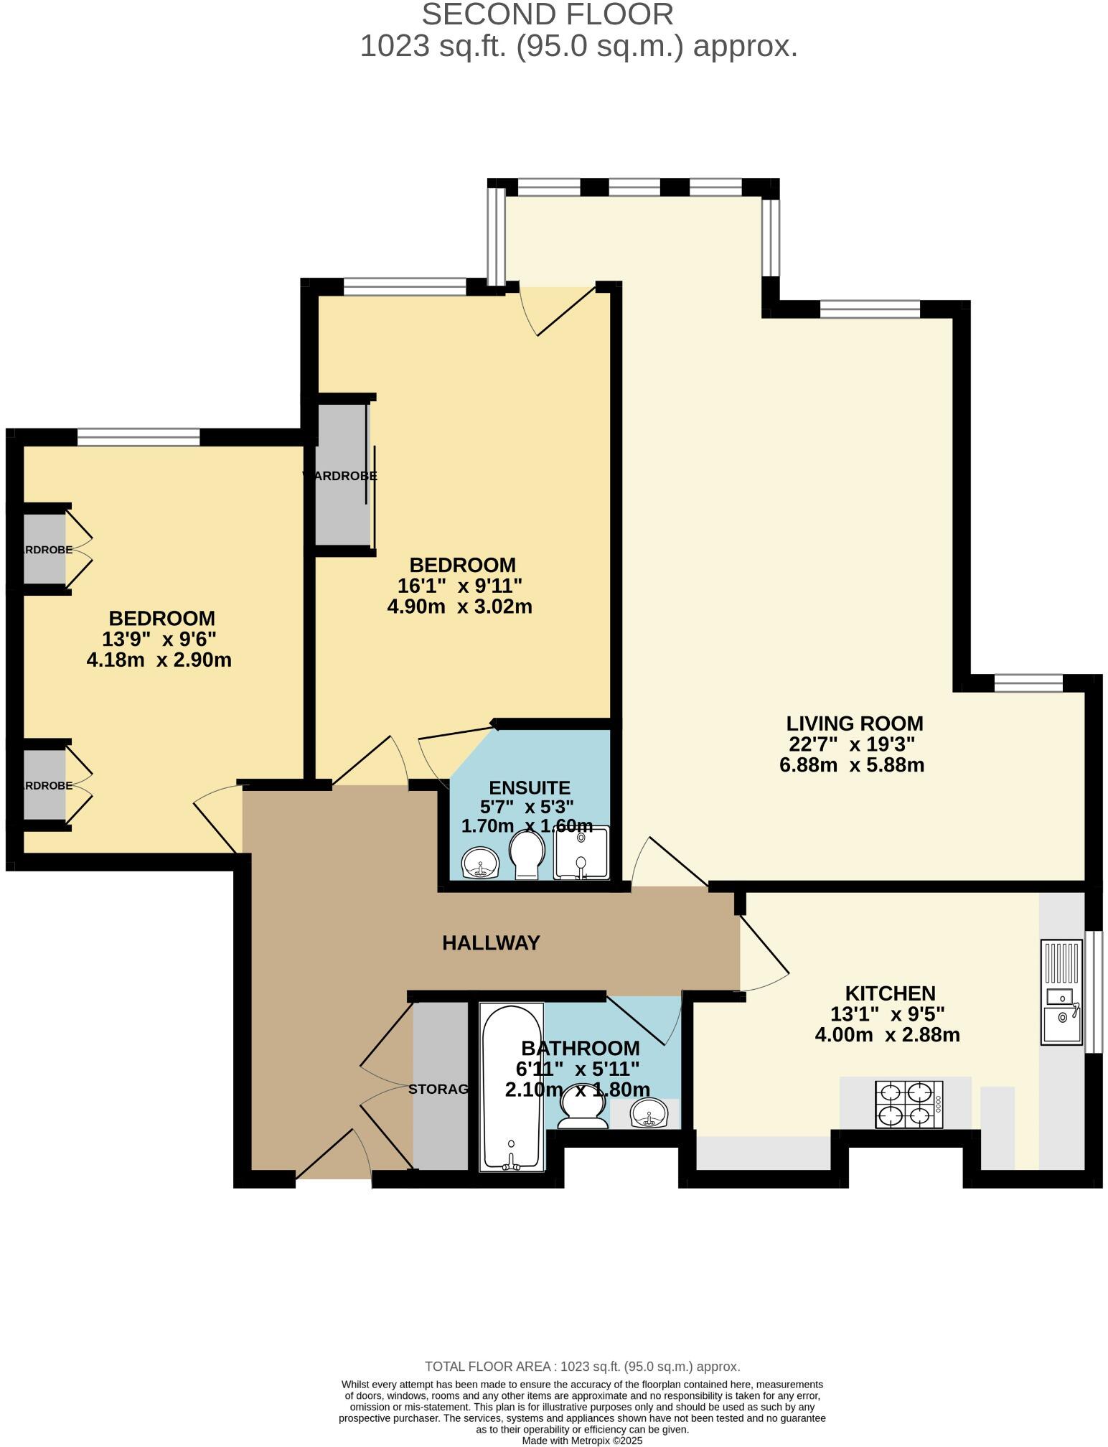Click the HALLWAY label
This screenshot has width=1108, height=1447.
click(491, 942)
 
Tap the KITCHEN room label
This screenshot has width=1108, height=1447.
click(890, 993)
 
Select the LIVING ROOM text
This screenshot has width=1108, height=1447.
click(854, 723)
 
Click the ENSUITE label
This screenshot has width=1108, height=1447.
click(530, 787)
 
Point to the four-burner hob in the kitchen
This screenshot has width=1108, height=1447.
click(909, 1104)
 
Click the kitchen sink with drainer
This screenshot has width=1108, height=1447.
click(1061, 991)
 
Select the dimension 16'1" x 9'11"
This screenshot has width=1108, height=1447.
click(459, 586)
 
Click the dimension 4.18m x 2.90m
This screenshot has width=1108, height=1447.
click(159, 660)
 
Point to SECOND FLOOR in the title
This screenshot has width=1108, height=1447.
click(547, 15)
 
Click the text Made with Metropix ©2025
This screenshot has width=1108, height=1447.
click(582, 1440)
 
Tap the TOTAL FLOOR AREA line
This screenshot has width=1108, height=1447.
click(582, 1367)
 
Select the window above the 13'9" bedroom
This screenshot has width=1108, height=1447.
click(138, 436)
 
